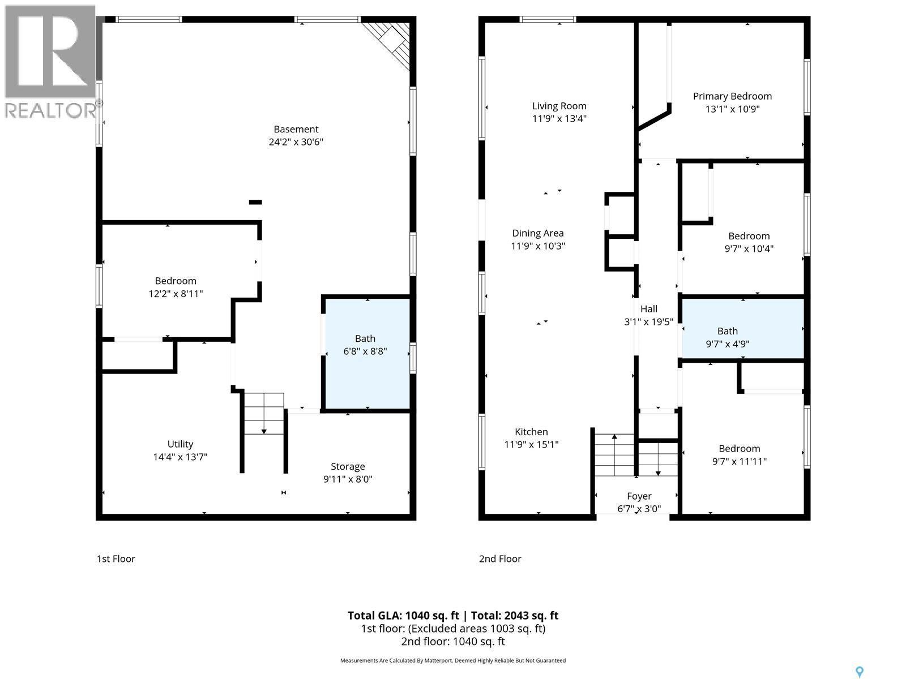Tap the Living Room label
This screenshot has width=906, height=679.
click(x=559, y=106)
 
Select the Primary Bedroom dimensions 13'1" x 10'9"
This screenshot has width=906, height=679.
click(x=732, y=109)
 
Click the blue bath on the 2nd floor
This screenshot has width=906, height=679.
click(x=742, y=328)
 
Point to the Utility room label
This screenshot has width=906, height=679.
click(x=180, y=444)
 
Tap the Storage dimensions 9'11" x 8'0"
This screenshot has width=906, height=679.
click(x=348, y=479)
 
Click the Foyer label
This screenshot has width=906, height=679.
click(x=639, y=496)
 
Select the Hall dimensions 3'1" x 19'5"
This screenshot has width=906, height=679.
click(x=648, y=322)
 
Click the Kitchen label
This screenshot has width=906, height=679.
click(x=531, y=432)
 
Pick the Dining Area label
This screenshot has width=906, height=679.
click(x=537, y=233)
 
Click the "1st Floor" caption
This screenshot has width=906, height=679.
click(x=116, y=559)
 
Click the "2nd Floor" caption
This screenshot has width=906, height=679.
click(x=500, y=559)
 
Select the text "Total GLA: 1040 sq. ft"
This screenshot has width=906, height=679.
click(x=403, y=616)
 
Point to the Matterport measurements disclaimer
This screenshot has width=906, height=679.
click(x=452, y=660)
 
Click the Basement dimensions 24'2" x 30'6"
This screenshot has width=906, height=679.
click(x=296, y=142)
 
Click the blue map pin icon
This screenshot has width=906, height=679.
click(x=860, y=672)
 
